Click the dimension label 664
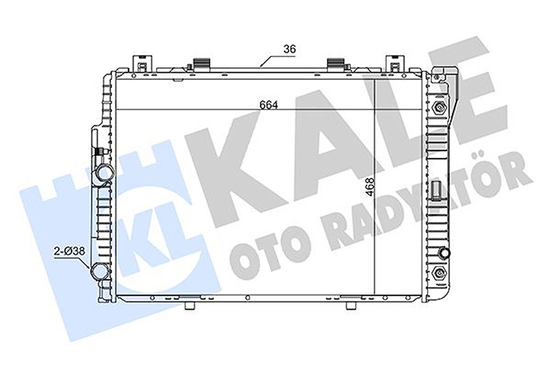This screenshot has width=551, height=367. coord(269,105)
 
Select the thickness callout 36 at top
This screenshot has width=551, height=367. coord(290,49)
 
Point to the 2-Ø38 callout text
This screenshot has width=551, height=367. coord(69,251)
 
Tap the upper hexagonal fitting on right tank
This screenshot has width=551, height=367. coord(439,107)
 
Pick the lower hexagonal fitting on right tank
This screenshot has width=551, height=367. coord(439,273)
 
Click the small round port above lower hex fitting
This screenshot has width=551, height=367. coord(444,254)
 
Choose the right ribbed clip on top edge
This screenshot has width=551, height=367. coord(335,63)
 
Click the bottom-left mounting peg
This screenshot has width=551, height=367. coord(189,305)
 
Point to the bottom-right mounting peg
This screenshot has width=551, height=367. coord(350,305)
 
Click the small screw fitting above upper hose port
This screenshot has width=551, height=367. coord(99,151)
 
